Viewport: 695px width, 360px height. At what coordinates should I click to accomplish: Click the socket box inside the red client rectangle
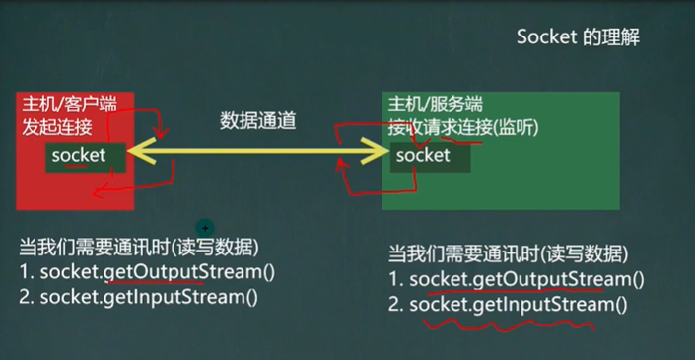(79, 155)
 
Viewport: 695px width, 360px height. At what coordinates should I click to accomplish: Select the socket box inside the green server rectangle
(423, 155)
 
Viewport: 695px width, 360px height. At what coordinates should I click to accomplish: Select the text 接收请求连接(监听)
(462, 128)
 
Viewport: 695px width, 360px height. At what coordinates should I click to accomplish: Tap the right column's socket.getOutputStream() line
(517, 279)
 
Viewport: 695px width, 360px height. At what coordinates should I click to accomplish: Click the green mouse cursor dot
(204, 228)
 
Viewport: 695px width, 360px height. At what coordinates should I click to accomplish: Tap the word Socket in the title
(544, 37)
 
